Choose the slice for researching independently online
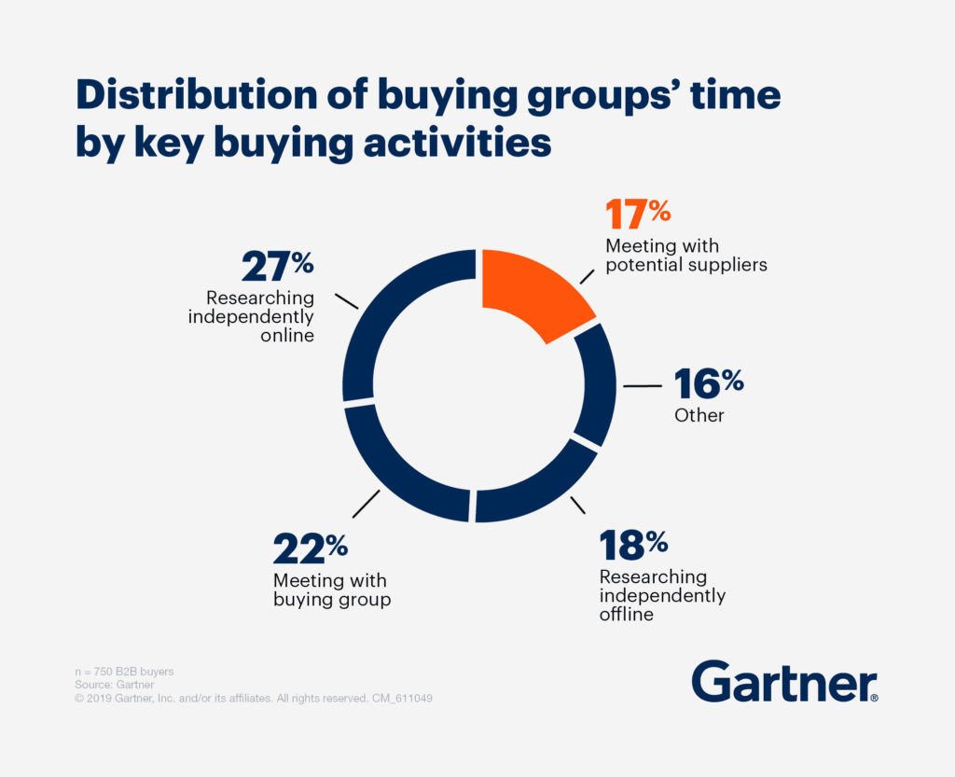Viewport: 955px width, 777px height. coord(392,317)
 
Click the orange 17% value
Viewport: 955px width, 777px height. coord(638,215)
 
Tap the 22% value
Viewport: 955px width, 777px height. coord(310,549)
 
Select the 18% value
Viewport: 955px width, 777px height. coord(635,544)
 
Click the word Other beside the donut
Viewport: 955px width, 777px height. coord(699,415)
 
